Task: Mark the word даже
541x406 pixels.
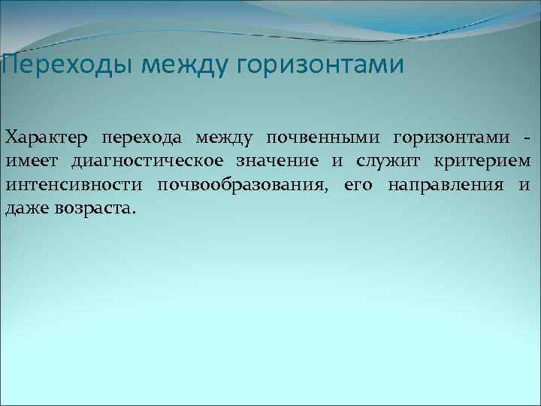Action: click(x=27, y=208)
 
